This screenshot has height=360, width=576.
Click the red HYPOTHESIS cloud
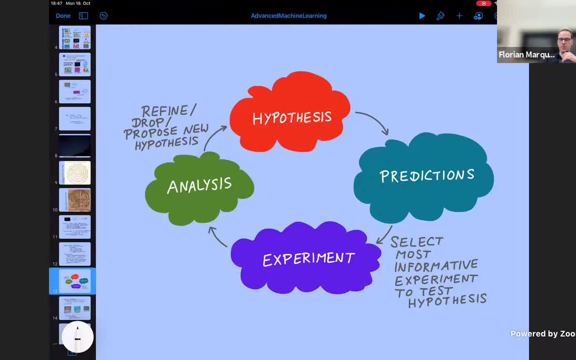pyautogui.click(x=290, y=112)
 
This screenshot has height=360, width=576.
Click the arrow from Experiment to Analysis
pyautogui.click(x=217, y=236)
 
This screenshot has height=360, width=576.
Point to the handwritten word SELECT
pyautogui.click(x=417, y=242)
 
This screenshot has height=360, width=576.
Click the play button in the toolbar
pyautogui.click(x=422, y=16)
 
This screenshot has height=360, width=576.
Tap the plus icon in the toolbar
pyautogui.click(x=459, y=16)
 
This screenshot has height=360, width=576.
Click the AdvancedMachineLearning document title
pyautogui.click(x=288, y=16)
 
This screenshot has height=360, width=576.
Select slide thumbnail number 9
pyautogui.click(x=75, y=172)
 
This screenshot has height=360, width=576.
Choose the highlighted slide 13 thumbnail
pyautogui.click(x=75, y=280)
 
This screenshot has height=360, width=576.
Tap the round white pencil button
pyautogui.click(x=77, y=337)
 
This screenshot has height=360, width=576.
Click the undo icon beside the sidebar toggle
pyautogui.click(x=103, y=16)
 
